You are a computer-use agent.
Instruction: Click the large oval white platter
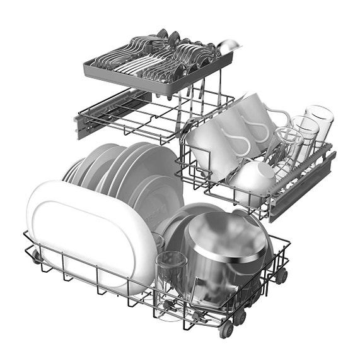tap(88, 234)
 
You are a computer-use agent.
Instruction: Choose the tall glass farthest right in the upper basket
tap(318, 126)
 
